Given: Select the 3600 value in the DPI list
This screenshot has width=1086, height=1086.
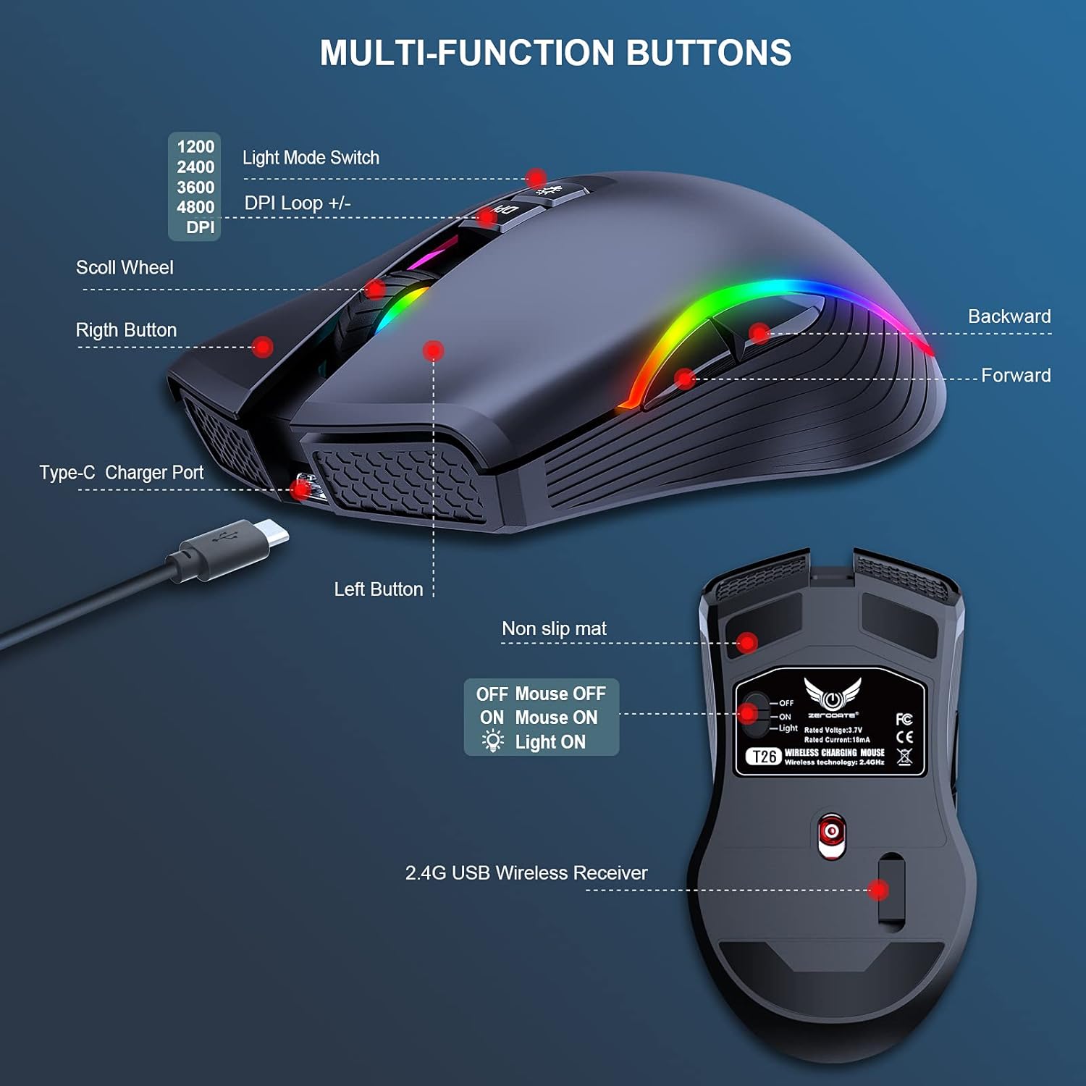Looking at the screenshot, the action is pos(195,188).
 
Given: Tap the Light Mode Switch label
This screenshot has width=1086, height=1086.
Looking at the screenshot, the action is pos(311,158).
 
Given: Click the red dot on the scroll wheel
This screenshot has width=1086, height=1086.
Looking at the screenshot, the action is pos(375,290).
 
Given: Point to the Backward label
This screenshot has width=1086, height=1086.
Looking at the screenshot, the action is pos(1009,316).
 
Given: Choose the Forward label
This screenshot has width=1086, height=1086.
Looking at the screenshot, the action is pos(1016,376).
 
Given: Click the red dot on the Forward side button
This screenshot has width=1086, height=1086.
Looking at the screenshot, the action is pos(685,378).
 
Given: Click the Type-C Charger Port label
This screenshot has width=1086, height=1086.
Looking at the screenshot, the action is pos(122,473).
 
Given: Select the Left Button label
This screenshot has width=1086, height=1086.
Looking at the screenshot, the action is pos(379,589).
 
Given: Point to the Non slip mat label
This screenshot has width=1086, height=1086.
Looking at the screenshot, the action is pos(554,628).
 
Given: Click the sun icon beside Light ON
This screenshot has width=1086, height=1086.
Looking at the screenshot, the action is pos(493,741).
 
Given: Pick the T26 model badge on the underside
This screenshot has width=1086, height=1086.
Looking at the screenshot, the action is pos(764,757).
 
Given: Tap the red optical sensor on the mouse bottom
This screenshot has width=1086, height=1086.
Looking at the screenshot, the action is pos(832,832).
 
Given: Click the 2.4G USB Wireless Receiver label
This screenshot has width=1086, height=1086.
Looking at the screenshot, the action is pos(526,873).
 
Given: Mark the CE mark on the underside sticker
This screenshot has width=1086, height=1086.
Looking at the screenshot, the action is pos(904,737).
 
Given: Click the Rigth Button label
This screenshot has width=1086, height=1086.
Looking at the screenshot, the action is pos(126,330).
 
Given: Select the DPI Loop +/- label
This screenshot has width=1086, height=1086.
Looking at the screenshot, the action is pos(298,203).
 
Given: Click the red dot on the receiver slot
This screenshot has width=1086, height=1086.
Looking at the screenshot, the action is pos(878,890).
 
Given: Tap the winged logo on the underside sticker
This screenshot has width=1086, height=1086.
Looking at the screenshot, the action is pos(833,694).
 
